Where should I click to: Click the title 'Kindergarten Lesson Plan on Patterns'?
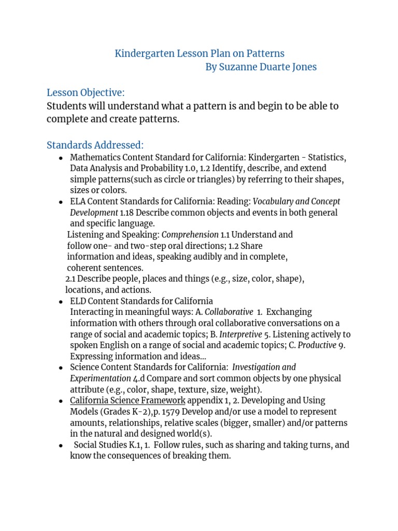[200, 53]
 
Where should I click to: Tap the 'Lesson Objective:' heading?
[86, 93]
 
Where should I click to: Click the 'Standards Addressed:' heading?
[95, 145]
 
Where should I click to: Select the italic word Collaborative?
[229, 312]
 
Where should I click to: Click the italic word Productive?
[317, 345]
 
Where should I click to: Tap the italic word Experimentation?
[101, 378]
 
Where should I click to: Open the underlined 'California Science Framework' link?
[127, 400]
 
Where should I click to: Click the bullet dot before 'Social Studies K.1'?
[61, 445]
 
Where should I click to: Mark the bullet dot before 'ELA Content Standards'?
[61, 202]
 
